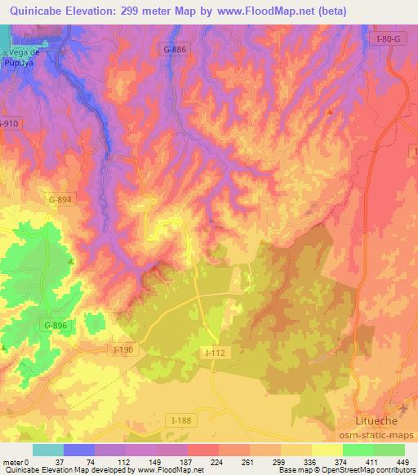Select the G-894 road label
[x=60, y=198]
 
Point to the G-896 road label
[x=56, y=326]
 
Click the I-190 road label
[x=122, y=349]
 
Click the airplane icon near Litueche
[x=401, y=406]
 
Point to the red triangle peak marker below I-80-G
[x=329, y=112]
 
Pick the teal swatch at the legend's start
[x=48, y=450]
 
